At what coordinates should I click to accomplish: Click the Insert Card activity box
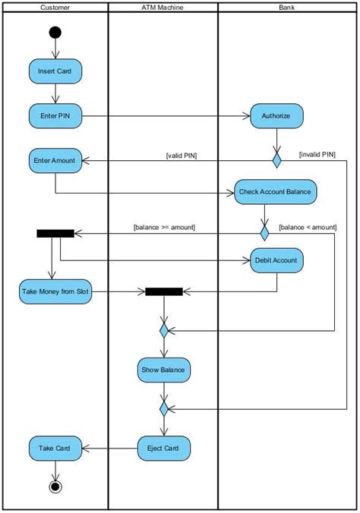55,71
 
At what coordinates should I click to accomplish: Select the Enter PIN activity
55,116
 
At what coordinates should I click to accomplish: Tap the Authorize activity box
276,116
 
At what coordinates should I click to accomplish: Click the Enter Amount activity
55,161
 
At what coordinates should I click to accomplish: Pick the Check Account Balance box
274,192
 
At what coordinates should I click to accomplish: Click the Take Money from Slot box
55,291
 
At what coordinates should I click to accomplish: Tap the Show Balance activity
163,370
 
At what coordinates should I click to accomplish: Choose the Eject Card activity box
163,448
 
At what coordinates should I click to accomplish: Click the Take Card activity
55,448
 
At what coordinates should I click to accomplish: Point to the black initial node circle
55,33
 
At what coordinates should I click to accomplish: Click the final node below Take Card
55,486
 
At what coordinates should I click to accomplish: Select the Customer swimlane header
55,8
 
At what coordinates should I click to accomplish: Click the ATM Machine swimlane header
163,8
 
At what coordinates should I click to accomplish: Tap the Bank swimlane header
287,8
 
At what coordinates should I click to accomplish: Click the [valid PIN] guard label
182,156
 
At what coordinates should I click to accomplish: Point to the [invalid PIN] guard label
317,154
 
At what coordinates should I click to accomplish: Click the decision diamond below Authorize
277,161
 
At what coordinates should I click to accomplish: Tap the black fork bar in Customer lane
55,233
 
